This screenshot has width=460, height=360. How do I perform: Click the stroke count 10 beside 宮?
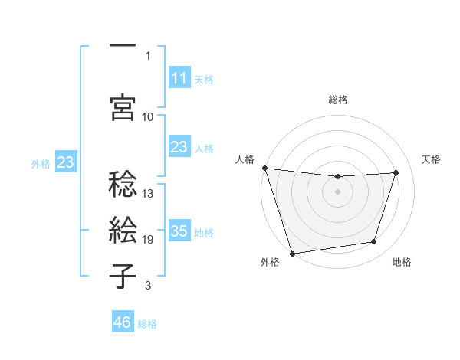click(148, 116)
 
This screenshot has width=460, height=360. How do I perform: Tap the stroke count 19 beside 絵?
click(148, 240)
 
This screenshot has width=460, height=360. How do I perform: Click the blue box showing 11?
click(179, 78)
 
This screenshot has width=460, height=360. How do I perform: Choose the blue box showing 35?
click(179, 231)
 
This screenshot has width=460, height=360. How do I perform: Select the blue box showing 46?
click(123, 322)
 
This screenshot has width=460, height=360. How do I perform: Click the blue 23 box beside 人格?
click(179, 147)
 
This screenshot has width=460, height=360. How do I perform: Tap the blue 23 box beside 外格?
click(65, 162)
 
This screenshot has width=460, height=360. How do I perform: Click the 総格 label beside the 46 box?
click(147, 324)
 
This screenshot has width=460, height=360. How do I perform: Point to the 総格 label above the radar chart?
click(337, 100)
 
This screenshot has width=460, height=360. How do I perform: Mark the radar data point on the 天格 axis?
click(396, 172)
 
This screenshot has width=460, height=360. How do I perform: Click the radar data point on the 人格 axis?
click(264, 168)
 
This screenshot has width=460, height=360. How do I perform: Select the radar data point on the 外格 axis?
click(292, 253)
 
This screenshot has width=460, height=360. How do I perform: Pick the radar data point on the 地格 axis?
click(374, 242)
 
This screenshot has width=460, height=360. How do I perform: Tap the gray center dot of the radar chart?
click(337, 191)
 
